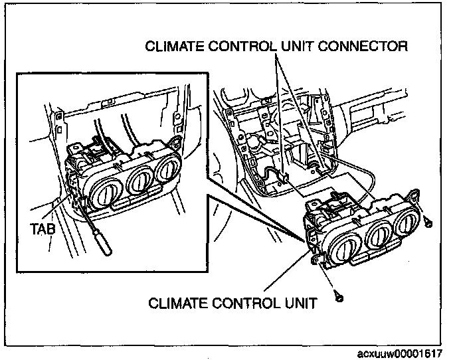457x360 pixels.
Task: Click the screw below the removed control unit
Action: tap(339, 298)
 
